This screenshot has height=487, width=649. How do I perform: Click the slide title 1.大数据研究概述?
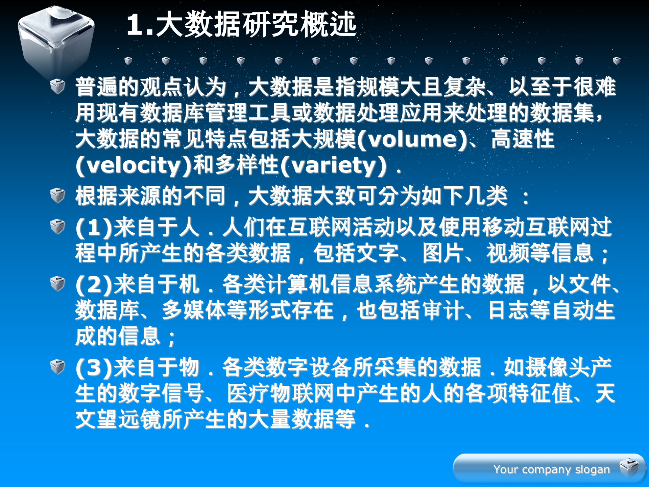[x=241, y=24]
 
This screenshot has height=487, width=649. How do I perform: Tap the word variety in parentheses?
[x=334, y=165]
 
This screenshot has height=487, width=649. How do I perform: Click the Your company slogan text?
[x=551, y=469]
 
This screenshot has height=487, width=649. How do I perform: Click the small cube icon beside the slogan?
[x=629, y=468]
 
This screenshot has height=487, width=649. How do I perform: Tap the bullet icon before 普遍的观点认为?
[x=57, y=86]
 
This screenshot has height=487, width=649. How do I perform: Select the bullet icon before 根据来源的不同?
[x=57, y=195]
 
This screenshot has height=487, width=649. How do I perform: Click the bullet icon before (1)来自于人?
[x=57, y=226]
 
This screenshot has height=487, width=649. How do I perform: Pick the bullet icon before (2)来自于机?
[x=57, y=283]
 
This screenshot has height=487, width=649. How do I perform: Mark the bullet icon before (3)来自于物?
[x=57, y=367]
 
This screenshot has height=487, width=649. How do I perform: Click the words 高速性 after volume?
[x=523, y=139]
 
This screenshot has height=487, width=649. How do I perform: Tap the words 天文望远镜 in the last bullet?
[x=605, y=394]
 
